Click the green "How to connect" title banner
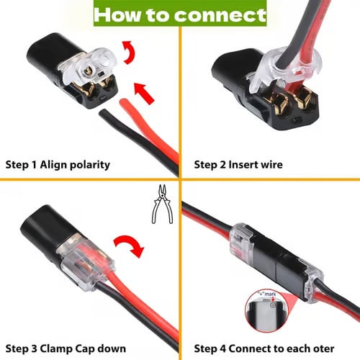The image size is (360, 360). point(179,14)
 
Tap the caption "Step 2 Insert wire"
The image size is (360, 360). point(238,165)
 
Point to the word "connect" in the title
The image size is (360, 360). point(224,14)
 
